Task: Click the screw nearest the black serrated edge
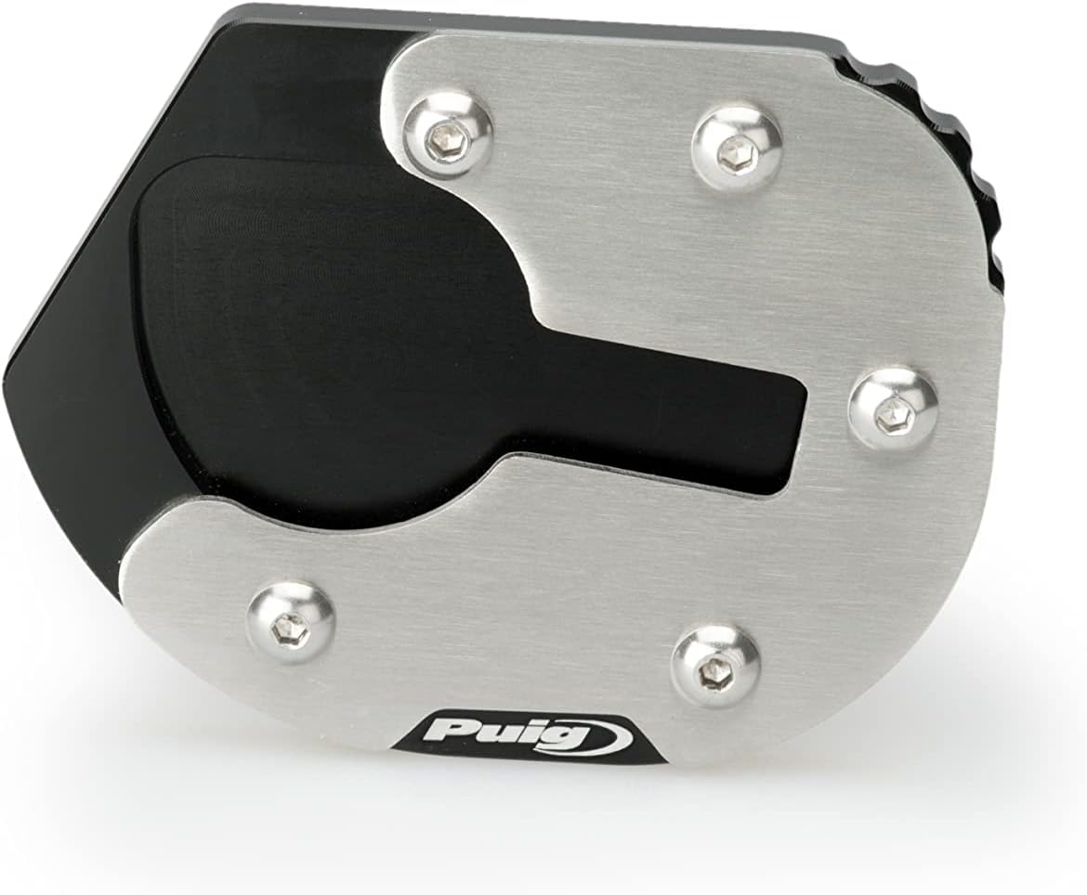tap(736, 147)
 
